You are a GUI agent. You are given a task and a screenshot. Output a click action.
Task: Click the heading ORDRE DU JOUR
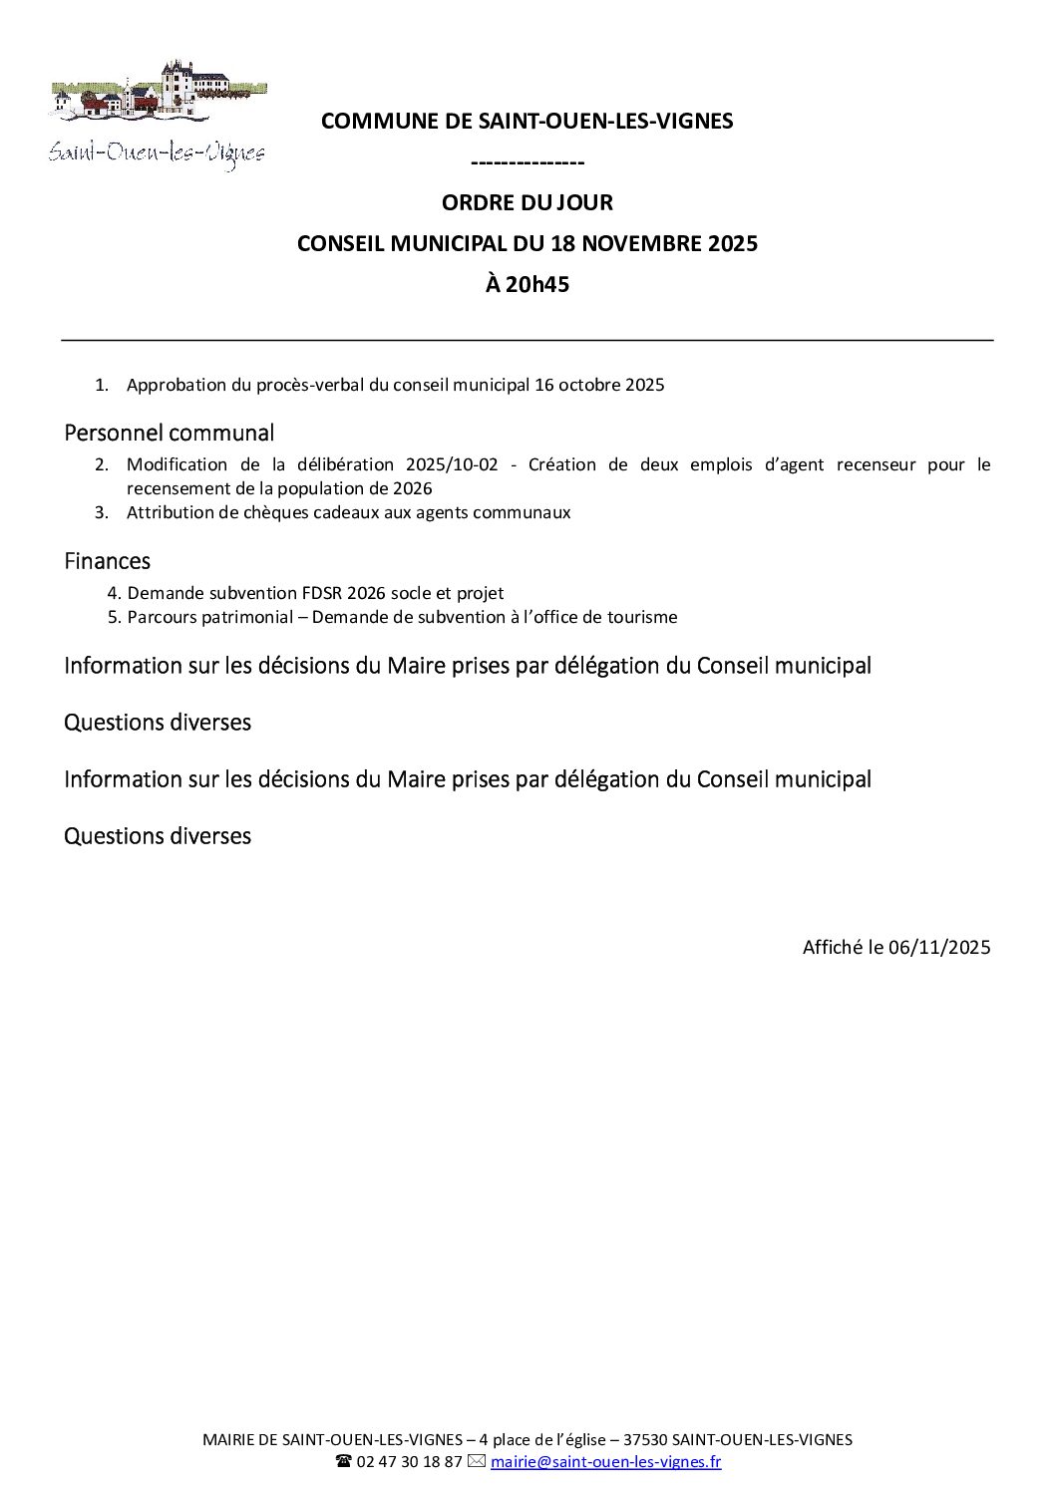tap(527, 202)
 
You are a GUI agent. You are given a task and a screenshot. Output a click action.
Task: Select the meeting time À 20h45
tap(527, 284)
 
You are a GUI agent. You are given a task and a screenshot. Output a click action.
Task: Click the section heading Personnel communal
tap(169, 433)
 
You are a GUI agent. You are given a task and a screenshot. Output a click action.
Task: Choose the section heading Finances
tap(107, 561)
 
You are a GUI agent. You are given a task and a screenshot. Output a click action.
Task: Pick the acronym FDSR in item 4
tap(322, 593)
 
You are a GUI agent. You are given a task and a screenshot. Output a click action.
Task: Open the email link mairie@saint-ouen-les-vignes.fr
tap(605, 1462)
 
